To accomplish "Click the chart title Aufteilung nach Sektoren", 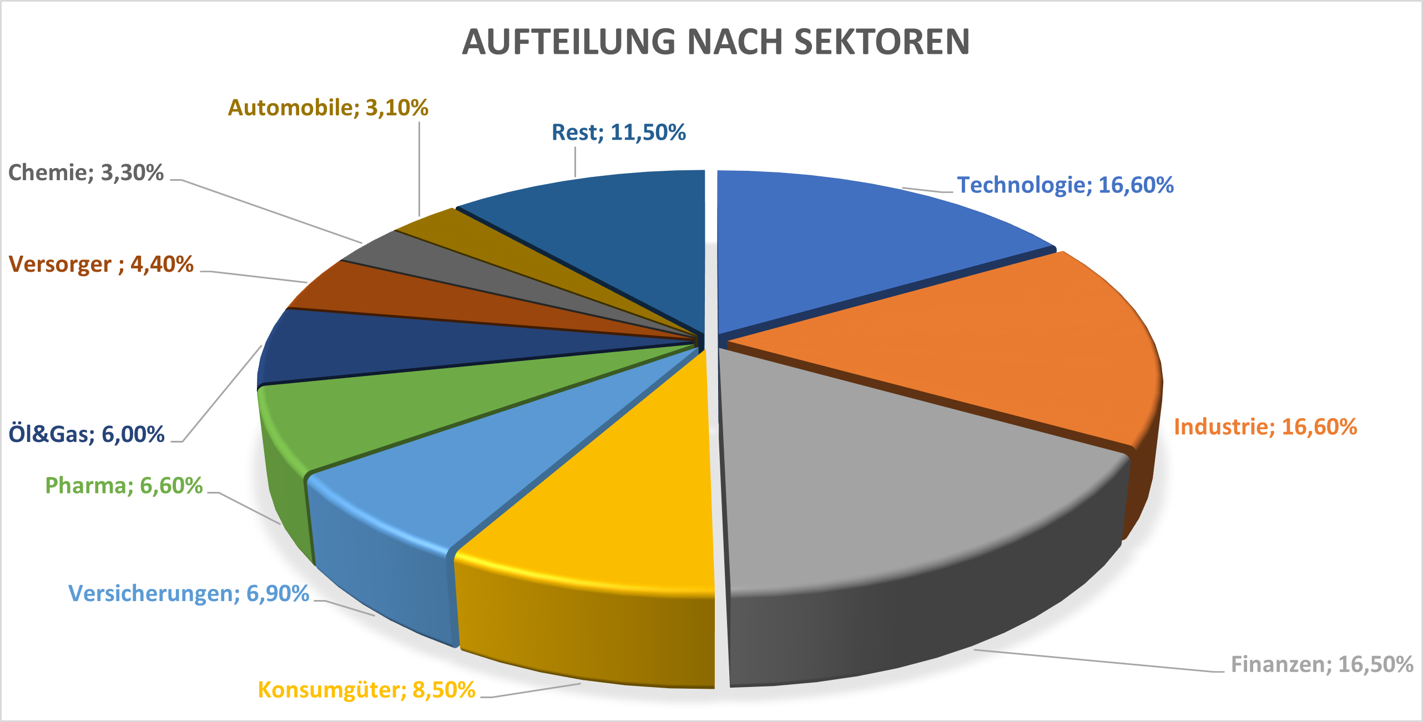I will pyautogui.click(x=716, y=42).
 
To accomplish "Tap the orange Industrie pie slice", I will pyautogui.click(x=999, y=344).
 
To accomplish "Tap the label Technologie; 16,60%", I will pyautogui.click(x=1066, y=185).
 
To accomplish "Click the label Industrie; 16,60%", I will pyautogui.click(x=1265, y=427).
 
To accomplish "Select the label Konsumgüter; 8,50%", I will pyautogui.click(x=366, y=690).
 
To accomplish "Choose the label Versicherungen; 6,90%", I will pyautogui.click(x=189, y=593).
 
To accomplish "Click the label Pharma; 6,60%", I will pyautogui.click(x=124, y=486).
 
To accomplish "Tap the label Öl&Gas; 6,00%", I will pyautogui.click(x=87, y=434).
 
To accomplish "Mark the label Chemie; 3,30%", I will pyautogui.click(x=86, y=173).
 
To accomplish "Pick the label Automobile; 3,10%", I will pyautogui.click(x=328, y=108).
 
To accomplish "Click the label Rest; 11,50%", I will pyautogui.click(x=619, y=133).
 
